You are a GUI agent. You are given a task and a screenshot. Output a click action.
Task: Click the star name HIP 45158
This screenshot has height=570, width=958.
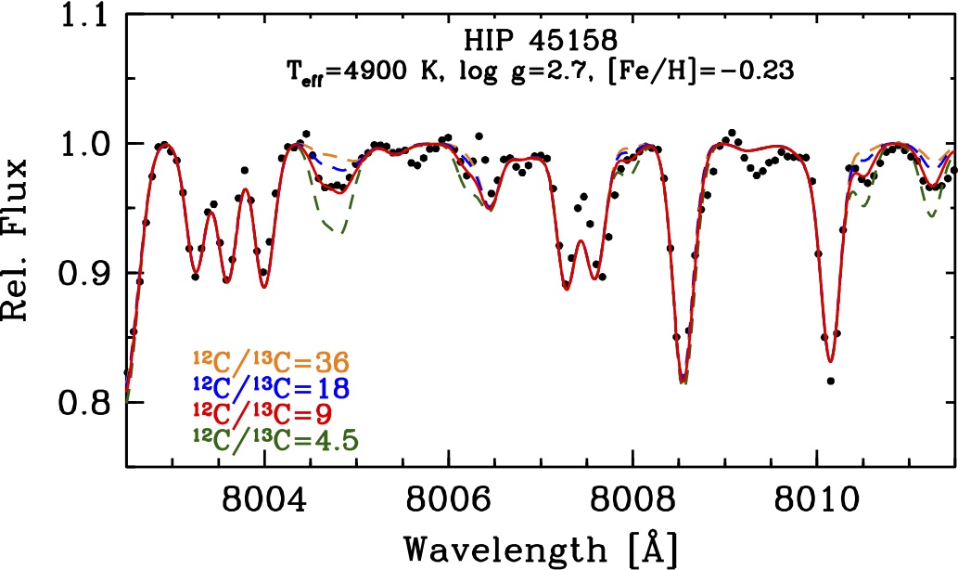(x=542, y=43)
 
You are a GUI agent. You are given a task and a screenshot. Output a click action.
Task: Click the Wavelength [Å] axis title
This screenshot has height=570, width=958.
(x=542, y=547)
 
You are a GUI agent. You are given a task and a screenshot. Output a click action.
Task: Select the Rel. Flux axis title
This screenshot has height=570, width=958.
(x=23, y=237)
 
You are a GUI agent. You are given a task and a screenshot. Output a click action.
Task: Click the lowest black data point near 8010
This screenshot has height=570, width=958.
(x=830, y=381)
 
